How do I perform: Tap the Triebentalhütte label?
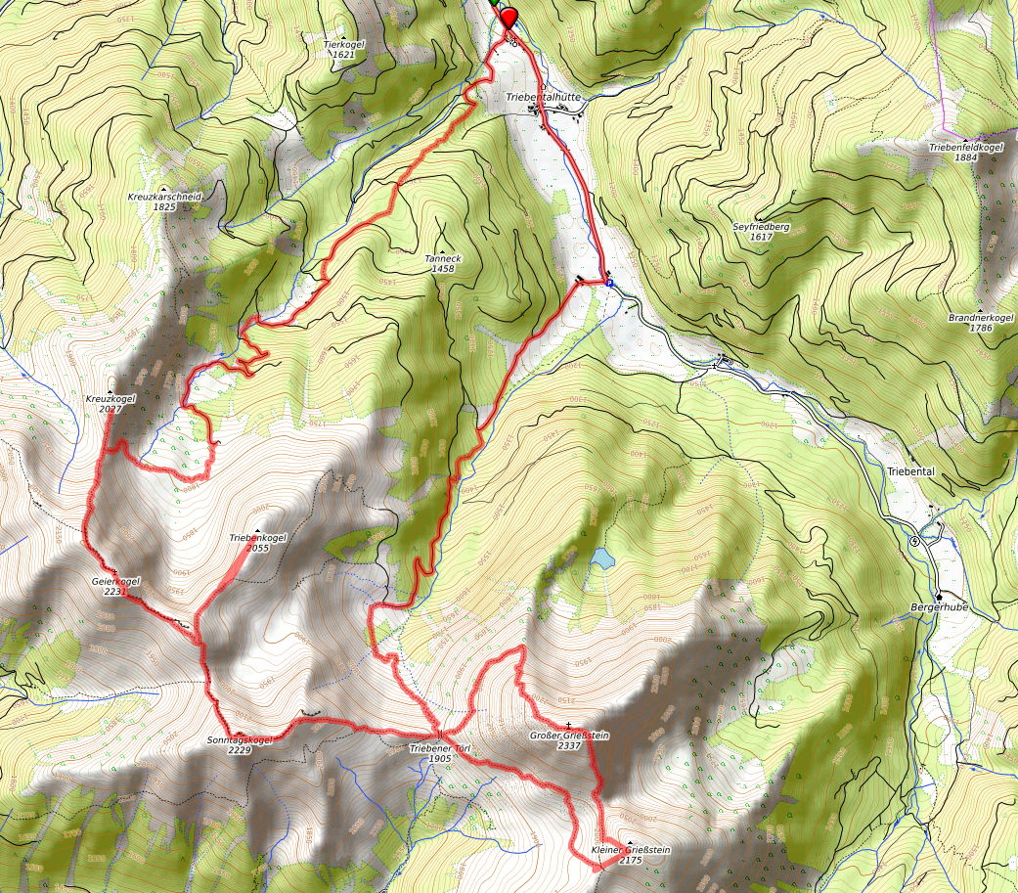coord(545,98)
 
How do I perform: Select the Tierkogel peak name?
coord(342,44)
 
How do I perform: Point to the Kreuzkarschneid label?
coord(163,197)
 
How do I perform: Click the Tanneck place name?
coord(442,258)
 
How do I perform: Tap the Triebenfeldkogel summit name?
coord(965,147)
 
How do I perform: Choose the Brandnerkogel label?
coord(980,318)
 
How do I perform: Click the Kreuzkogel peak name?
coord(110,399)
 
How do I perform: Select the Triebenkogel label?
coord(257,538)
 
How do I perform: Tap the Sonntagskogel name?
coord(239,740)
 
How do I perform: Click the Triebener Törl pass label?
coord(440,748)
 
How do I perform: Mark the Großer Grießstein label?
coord(569,735)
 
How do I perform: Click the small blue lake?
coord(601,558)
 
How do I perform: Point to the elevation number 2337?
coord(569,745)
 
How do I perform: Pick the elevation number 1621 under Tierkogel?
coord(342,55)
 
